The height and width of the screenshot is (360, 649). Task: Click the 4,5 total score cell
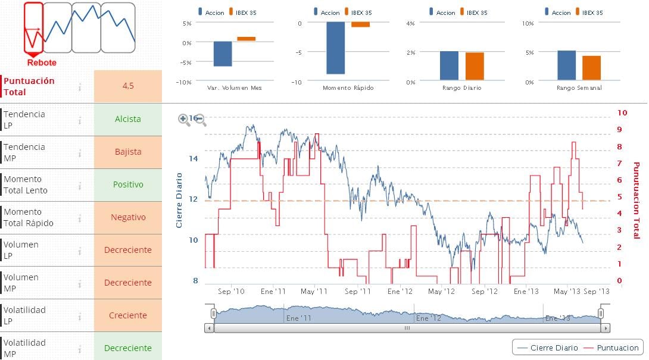pyautogui.click(x=127, y=86)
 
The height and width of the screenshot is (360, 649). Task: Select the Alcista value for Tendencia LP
pyautogui.click(x=127, y=119)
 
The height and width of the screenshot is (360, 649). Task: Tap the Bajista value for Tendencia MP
pyautogui.click(x=127, y=152)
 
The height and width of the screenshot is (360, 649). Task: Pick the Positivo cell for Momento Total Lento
pyautogui.click(x=127, y=184)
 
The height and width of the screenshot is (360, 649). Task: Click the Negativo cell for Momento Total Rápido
pyautogui.click(x=127, y=217)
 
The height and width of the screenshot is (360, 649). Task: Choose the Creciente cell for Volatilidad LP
pyautogui.click(x=127, y=315)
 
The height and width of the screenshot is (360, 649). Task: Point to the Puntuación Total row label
pyautogui.click(x=29, y=86)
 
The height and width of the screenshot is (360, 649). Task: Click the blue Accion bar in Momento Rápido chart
pyautogui.click(x=335, y=48)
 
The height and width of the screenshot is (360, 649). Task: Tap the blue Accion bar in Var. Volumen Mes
pyautogui.click(x=223, y=54)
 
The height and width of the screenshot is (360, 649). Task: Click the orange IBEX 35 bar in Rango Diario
pyautogui.click(x=475, y=66)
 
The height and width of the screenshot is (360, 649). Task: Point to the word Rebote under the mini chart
pyautogui.click(x=42, y=62)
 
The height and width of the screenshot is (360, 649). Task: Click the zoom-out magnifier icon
pyautogui.click(x=201, y=120)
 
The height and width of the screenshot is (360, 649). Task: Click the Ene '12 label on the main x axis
pyautogui.click(x=400, y=292)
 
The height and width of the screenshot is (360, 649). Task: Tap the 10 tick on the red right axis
pyautogui.click(x=622, y=112)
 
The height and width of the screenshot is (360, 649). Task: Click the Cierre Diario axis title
pyautogui.click(x=179, y=201)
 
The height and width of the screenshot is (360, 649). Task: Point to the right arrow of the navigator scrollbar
pyautogui.click(x=605, y=328)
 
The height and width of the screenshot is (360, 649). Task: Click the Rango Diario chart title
pyautogui.click(x=461, y=88)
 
